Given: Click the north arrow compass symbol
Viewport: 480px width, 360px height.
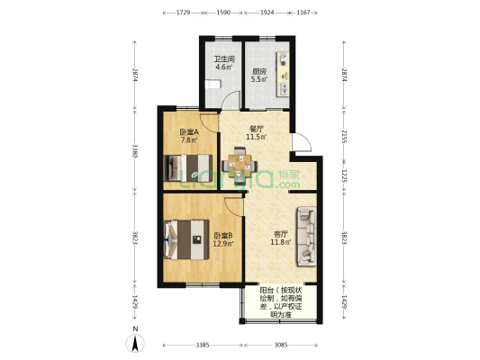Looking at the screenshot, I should point(134,342).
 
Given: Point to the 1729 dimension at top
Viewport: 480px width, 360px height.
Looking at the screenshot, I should point(182,13).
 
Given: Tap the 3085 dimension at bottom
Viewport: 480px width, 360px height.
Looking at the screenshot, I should point(280,346).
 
